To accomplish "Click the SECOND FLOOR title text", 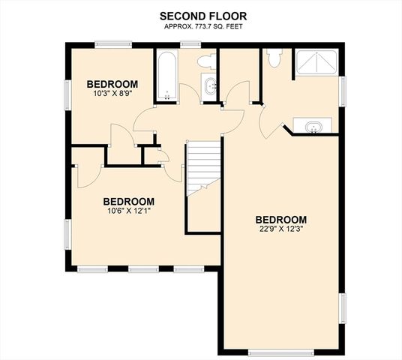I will (x=200, y=15).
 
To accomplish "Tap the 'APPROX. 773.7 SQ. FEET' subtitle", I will (x=200, y=26).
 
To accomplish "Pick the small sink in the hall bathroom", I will (x=208, y=85).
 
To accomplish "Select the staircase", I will (x=203, y=169).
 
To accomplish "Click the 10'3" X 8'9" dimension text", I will (x=112, y=94).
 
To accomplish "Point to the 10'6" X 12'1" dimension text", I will (x=128, y=212).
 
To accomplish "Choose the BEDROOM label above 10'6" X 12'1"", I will (x=128, y=201).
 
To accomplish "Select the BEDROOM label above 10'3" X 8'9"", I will (x=112, y=83).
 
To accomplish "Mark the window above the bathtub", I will (x=166, y=46).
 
